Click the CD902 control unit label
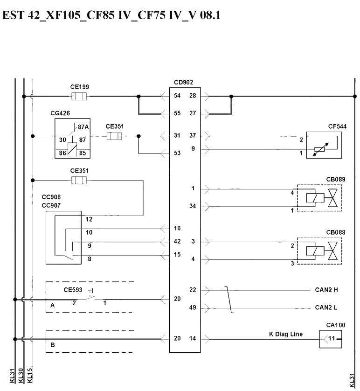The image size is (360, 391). tap(183, 82)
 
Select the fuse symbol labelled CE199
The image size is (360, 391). tap(79, 96)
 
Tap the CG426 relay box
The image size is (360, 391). tap(72, 138)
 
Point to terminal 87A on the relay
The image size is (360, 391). tap(83, 127)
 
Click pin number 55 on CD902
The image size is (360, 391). tap(177, 113)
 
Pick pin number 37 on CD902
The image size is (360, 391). tap(193, 135)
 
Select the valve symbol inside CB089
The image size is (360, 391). tap(333, 198)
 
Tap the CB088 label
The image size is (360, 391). tap(336, 232)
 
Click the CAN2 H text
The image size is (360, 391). tap(326, 290)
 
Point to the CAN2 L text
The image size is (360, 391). tap(326, 307)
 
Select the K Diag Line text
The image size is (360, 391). tap(286, 334)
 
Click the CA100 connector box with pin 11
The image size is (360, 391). tap(331, 339)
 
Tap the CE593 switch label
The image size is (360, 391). tap(73, 290)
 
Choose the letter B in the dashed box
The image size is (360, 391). tap(53, 345)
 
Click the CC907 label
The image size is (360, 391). tap(51, 205)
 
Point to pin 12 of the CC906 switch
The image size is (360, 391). tap(89, 219)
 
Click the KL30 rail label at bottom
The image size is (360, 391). tap(21, 376)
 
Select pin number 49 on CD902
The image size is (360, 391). tap(193, 307)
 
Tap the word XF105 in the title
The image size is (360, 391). tap(63, 15)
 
